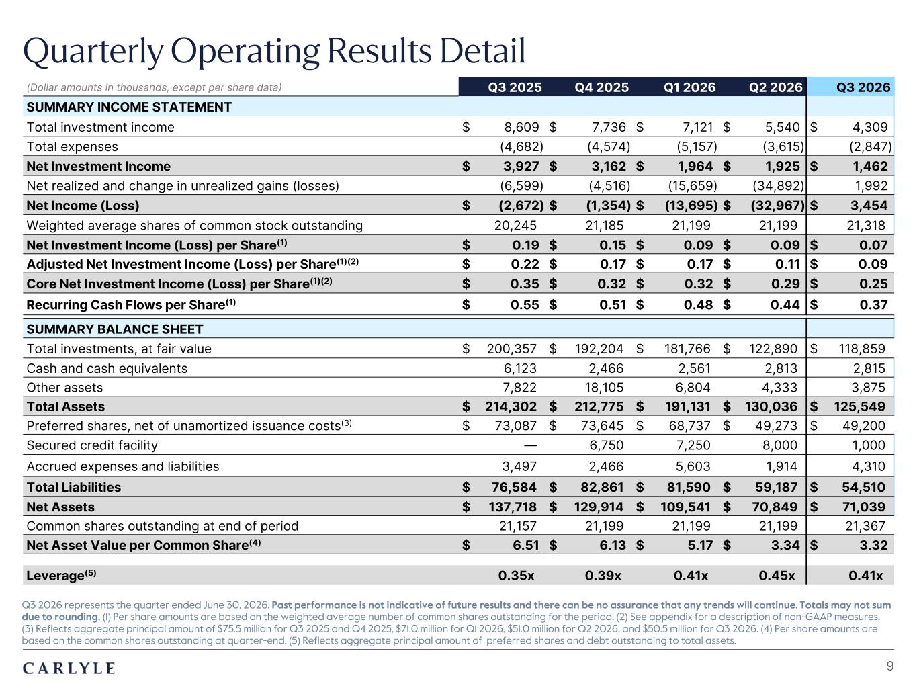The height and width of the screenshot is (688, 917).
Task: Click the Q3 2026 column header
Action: point(863,87)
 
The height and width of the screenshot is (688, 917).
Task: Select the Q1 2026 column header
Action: point(689,87)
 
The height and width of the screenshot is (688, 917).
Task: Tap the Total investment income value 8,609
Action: point(521,127)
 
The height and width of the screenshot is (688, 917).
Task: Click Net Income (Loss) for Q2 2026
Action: point(777,206)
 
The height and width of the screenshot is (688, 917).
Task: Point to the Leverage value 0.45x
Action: point(777,576)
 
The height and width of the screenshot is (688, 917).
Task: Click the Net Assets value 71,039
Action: point(863,507)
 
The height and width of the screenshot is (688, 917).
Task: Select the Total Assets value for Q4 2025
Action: point(599,406)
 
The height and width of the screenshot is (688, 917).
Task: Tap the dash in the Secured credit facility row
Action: point(530,445)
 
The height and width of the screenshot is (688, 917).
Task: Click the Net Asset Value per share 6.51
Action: point(526,545)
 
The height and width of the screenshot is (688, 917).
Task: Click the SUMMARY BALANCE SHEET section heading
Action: point(114,329)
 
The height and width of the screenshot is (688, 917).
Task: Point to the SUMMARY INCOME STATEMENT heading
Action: point(129,107)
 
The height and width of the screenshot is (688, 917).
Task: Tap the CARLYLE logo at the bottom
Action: point(69,669)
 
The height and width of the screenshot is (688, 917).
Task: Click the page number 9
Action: point(890,666)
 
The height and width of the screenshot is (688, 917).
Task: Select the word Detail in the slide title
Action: point(482,51)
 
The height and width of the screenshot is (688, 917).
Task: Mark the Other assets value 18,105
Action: point(604,388)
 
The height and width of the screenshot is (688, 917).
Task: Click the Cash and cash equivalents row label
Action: point(107,368)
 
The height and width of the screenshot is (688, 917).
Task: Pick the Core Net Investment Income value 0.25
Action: point(873,284)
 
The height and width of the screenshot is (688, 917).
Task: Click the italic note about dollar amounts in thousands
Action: point(154,87)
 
